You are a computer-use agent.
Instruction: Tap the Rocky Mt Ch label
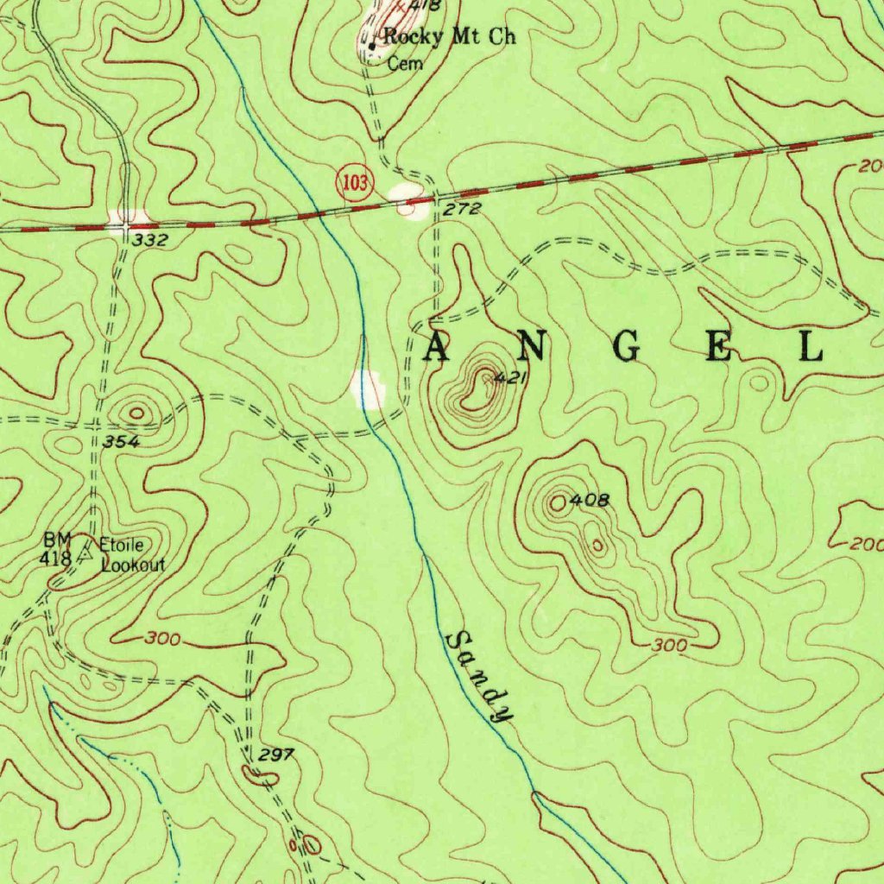(x=449, y=36)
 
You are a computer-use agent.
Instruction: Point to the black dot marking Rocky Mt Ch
(x=372, y=45)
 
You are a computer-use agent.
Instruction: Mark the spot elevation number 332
(x=150, y=241)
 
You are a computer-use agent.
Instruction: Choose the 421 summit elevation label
(x=512, y=377)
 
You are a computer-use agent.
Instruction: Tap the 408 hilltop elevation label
(x=591, y=500)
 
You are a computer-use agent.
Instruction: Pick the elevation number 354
(x=122, y=441)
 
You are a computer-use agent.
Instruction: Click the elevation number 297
(x=277, y=755)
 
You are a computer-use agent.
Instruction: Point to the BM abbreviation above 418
(x=55, y=540)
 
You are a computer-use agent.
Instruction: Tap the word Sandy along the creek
(x=479, y=677)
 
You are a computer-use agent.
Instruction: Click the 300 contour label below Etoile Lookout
(x=162, y=640)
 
